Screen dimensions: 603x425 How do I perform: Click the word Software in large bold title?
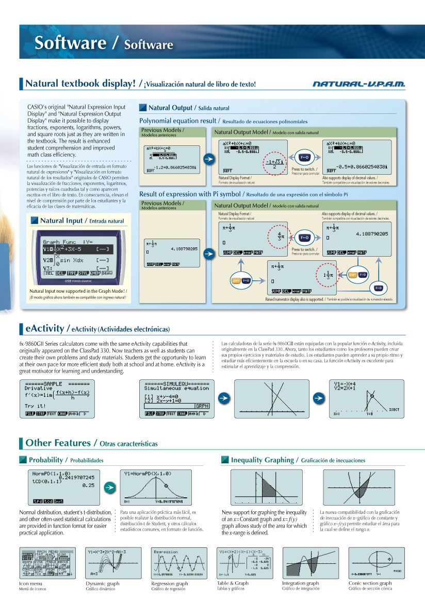pos(70,43)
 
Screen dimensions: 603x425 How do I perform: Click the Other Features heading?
pos(58,443)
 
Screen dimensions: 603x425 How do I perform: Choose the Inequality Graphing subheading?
pos(263,460)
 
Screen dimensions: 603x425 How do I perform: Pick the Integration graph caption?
pos(300,583)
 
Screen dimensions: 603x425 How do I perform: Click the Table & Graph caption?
pos(232,583)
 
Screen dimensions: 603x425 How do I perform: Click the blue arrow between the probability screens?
pos(109,487)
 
